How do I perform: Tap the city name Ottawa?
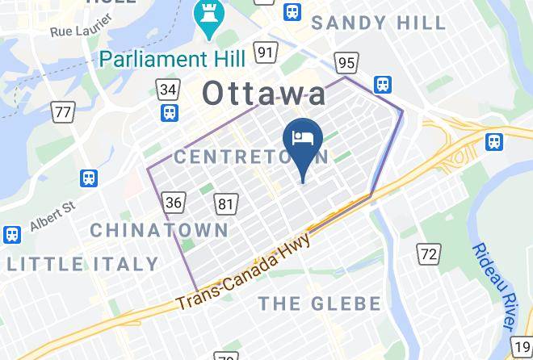pyautogui.click(x=264, y=93)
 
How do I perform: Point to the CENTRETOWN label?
pyautogui.click(x=250, y=155)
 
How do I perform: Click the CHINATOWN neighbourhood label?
pyautogui.click(x=159, y=230)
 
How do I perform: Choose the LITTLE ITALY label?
pyautogui.click(x=83, y=264)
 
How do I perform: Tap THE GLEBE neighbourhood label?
pyautogui.click(x=318, y=303)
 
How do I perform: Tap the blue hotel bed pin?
pyautogui.click(x=304, y=139)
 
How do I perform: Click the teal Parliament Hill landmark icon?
pyautogui.click(x=207, y=16)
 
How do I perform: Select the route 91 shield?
pyautogui.click(x=265, y=52)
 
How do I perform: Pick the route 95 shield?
pyautogui.click(x=346, y=62)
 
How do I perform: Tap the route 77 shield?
pyautogui.click(x=62, y=112)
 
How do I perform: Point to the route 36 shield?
pyautogui.click(x=174, y=202)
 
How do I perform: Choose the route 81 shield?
pyautogui.click(x=227, y=204)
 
